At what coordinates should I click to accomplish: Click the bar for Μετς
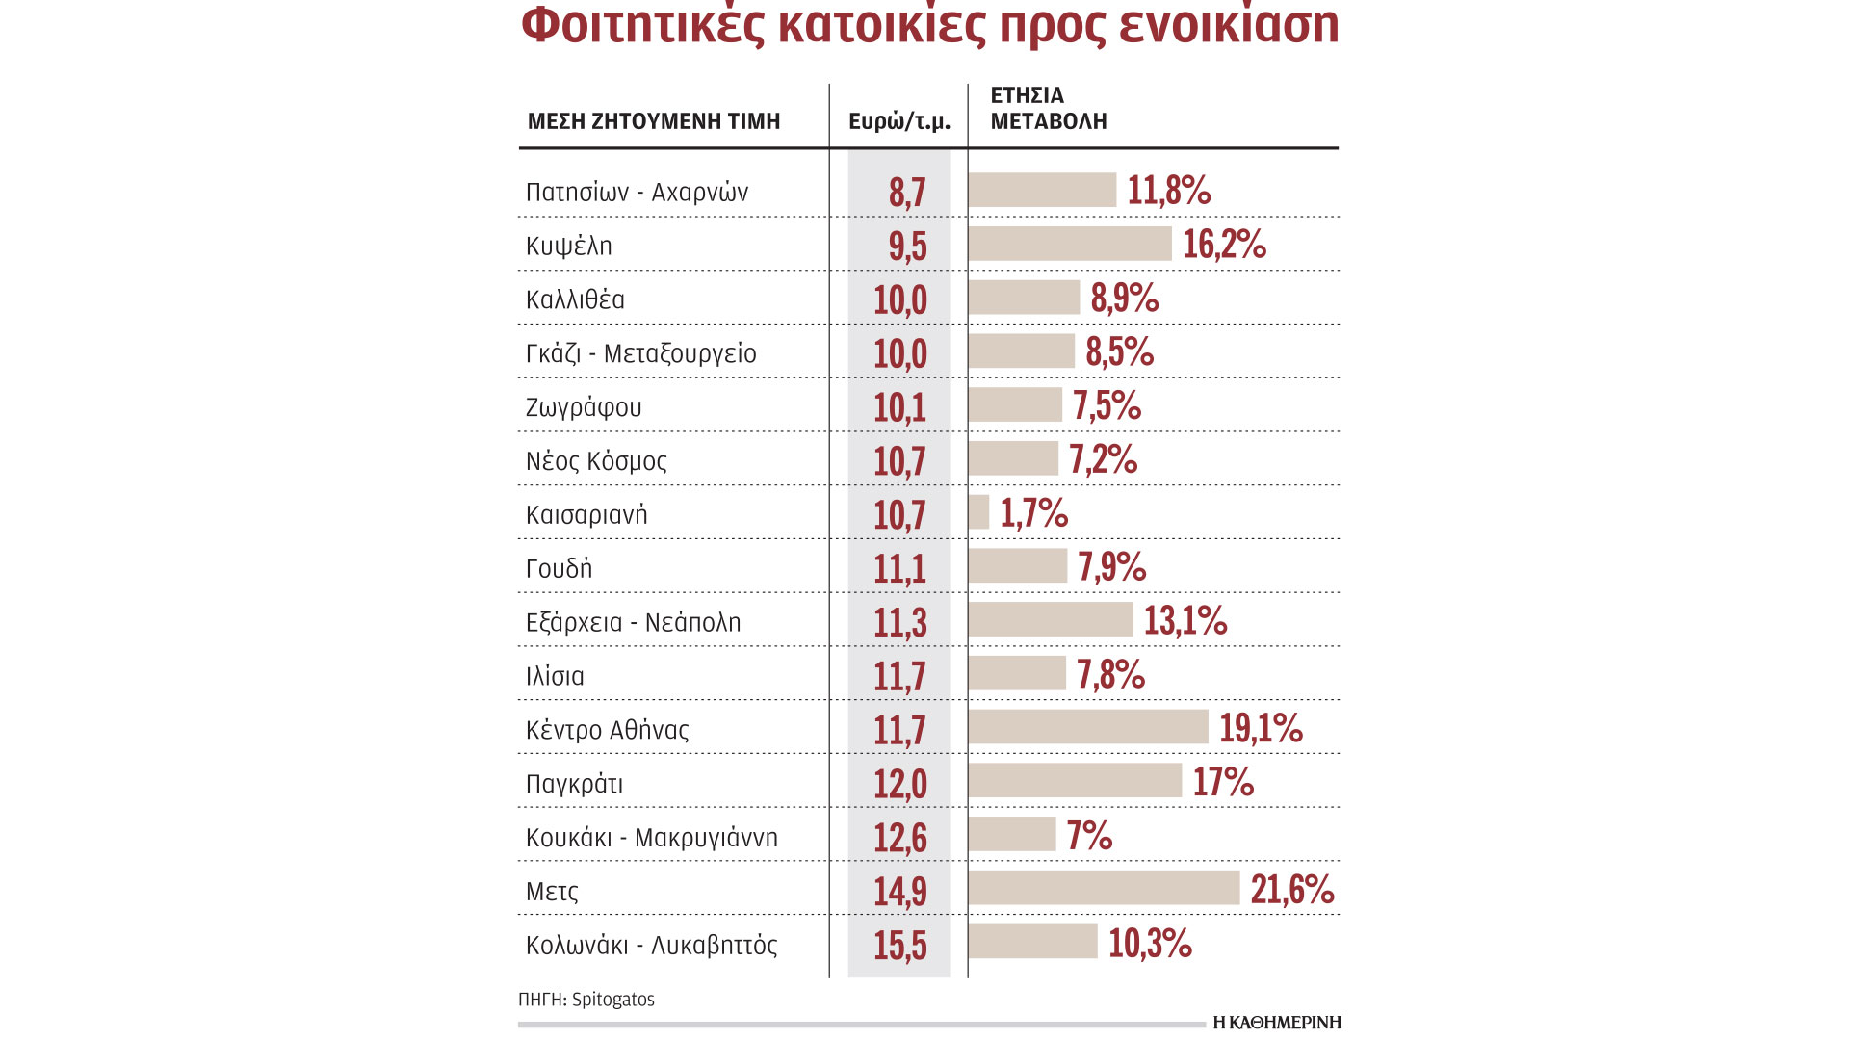(x=1104, y=888)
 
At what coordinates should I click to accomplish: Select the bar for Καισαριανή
(x=978, y=512)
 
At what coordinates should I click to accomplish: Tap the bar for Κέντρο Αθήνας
(x=1088, y=727)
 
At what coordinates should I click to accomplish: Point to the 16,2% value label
(x=1224, y=245)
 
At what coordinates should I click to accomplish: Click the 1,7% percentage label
(x=1034, y=513)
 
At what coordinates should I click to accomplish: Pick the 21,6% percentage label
(x=1292, y=889)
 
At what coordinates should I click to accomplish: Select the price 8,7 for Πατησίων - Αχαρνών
(x=906, y=192)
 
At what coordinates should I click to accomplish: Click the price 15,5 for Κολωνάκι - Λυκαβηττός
(x=899, y=945)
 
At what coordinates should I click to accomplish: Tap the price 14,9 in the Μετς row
(x=899, y=891)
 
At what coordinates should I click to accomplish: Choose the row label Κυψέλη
(x=569, y=246)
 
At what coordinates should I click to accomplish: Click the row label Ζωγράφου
(x=584, y=407)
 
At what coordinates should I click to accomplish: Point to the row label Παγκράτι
(x=574, y=784)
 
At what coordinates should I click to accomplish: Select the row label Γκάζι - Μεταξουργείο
(x=641, y=353)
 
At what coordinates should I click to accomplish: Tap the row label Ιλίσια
(x=555, y=676)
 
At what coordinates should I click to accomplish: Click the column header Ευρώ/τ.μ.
(x=898, y=121)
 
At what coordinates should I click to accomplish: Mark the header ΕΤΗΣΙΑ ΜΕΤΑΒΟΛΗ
(x=1049, y=108)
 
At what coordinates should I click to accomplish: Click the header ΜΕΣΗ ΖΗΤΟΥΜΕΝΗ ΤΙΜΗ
(x=654, y=121)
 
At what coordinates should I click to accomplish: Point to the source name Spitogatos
(x=612, y=1000)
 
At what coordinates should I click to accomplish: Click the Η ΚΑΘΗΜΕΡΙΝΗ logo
(x=1277, y=1023)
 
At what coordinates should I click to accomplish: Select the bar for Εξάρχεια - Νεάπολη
(x=1051, y=619)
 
